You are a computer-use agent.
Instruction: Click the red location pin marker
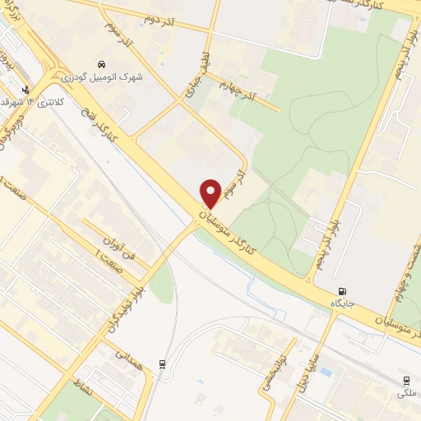(210, 193)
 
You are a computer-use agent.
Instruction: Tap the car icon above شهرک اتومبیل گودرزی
(100, 64)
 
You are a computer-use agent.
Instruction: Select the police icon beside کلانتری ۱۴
(26, 90)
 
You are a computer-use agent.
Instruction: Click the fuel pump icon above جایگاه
(342, 291)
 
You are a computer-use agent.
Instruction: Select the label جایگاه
(342, 303)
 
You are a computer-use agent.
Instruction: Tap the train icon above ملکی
(406, 381)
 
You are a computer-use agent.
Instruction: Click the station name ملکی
(406, 393)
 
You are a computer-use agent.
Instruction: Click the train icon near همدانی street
(162, 366)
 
